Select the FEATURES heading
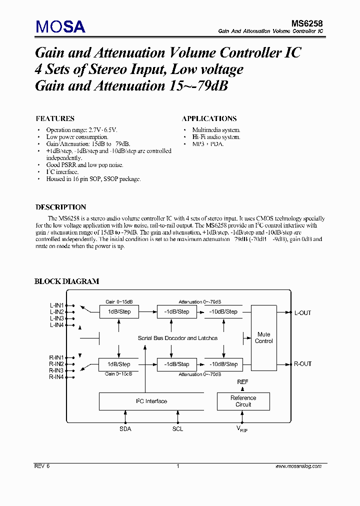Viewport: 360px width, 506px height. click(55, 119)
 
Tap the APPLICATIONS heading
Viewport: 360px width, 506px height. click(209, 119)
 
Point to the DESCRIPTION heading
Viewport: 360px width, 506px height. click(60, 207)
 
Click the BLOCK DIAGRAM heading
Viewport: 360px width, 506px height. click(66, 281)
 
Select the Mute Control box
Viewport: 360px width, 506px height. click(263, 338)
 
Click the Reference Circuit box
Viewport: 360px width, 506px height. click(243, 401)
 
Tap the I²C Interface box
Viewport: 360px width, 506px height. click(151, 401)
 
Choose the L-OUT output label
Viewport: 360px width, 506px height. click(302, 313)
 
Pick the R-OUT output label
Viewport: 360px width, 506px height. click(302, 364)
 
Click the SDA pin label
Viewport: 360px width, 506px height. click(125, 429)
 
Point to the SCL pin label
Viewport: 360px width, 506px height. click(177, 429)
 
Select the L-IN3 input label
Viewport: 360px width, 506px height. click(56, 318)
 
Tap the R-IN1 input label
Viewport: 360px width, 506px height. click(56, 357)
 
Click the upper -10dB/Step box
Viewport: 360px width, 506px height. click(223, 312)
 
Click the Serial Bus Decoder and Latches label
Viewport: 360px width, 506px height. click(177, 338)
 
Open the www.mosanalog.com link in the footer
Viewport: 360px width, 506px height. click(298, 466)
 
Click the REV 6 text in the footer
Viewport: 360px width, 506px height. click(42, 466)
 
